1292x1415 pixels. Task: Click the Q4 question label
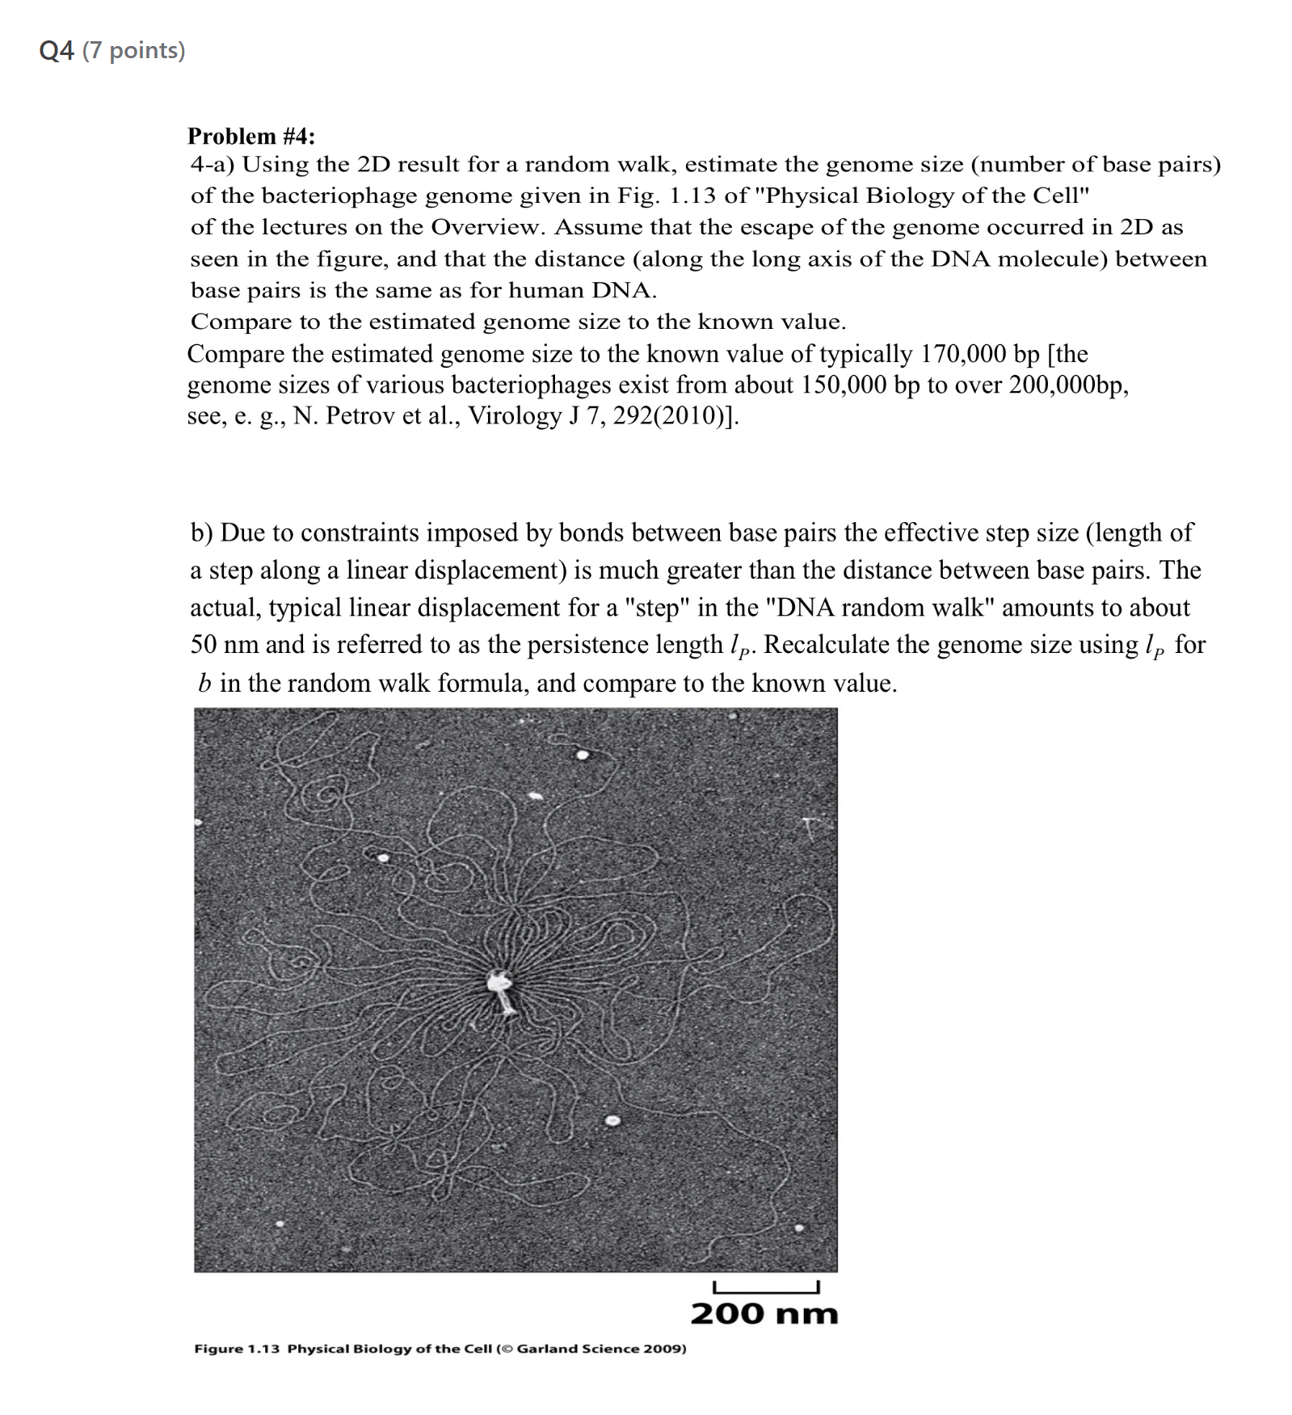[x=57, y=51]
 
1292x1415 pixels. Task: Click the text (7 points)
[x=133, y=51]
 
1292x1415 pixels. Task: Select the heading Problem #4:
[x=251, y=136]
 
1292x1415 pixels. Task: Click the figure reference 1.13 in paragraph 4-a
[x=692, y=196]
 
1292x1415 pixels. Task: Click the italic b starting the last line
[x=204, y=684]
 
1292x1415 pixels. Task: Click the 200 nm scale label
[x=764, y=1314]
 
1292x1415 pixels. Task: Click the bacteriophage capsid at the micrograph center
[x=498, y=982]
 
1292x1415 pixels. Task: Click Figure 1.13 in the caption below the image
[x=237, y=1349]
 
